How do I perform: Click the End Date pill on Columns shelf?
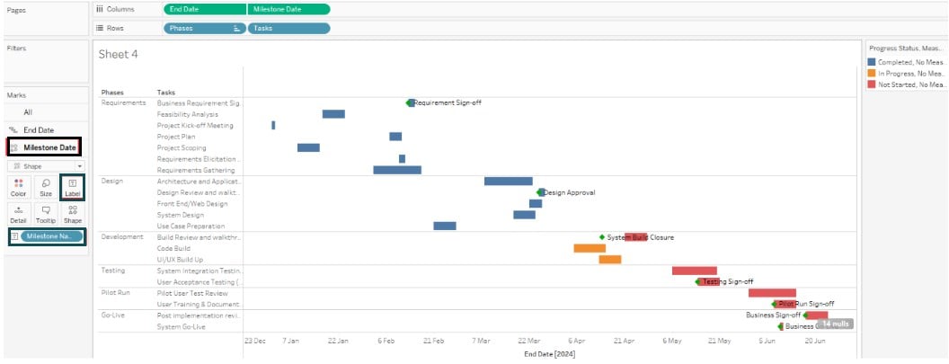(x=204, y=9)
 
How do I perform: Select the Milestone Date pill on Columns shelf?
(x=288, y=9)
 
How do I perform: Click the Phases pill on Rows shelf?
(x=204, y=28)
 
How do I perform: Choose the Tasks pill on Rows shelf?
(x=288, y=28)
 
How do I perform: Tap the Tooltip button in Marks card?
(x=45, y=214)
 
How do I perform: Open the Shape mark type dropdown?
(x=45, y=166)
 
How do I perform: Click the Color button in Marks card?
(x=18, y=187)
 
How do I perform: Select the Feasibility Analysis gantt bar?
(x=333, y=114)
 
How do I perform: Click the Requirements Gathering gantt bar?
(x=396, y=170)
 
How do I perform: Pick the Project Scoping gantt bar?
(x=308, y=147)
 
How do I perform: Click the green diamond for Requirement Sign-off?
(x=410, y=102)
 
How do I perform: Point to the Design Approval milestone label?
(x=569, y=192)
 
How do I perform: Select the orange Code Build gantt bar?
(x=590, y=248)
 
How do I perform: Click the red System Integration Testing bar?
(x=694, y=271)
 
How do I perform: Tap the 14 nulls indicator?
(x=835, y=324)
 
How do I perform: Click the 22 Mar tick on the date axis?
(x=528, y=342)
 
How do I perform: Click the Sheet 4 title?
(x=119, y=54)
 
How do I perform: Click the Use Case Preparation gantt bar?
(x=444, y=226)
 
